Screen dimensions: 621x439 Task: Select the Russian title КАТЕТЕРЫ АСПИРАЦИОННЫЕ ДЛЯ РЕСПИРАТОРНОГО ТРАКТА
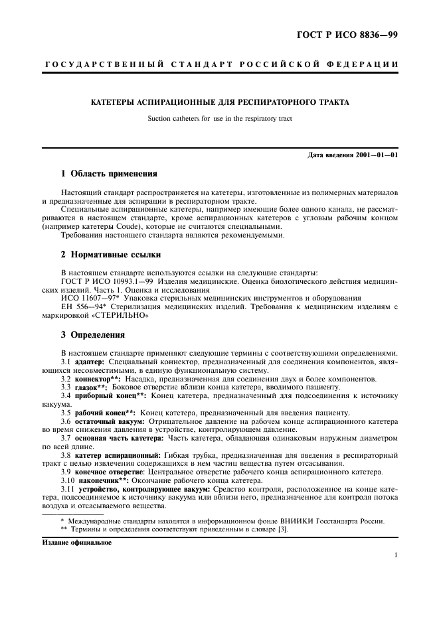point(220,102)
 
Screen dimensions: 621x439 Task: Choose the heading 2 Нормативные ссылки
point(111,254)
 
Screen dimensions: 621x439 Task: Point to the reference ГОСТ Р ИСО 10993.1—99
point(104,281)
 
